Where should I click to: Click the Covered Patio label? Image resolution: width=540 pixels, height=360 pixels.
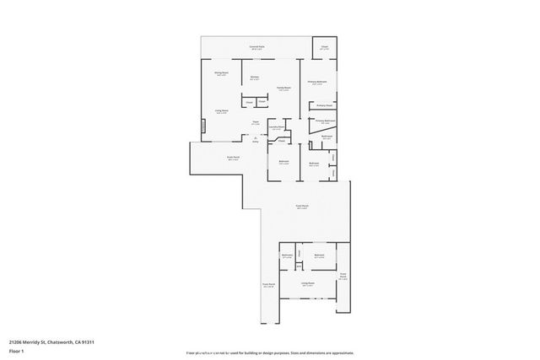click(x=256, y=46)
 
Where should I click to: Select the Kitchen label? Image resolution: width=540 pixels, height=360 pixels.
click(x=254, y=78)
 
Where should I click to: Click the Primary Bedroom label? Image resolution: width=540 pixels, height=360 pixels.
click(x=317, y=82)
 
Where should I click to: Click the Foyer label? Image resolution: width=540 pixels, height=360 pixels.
click(x=255, y=123)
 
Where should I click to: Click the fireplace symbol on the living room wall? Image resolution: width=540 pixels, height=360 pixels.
click(x=202, y=127)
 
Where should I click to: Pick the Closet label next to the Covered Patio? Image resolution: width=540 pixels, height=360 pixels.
click(x=324, y=48)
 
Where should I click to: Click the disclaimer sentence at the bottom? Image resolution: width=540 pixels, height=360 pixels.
click(x=270, y=351)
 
